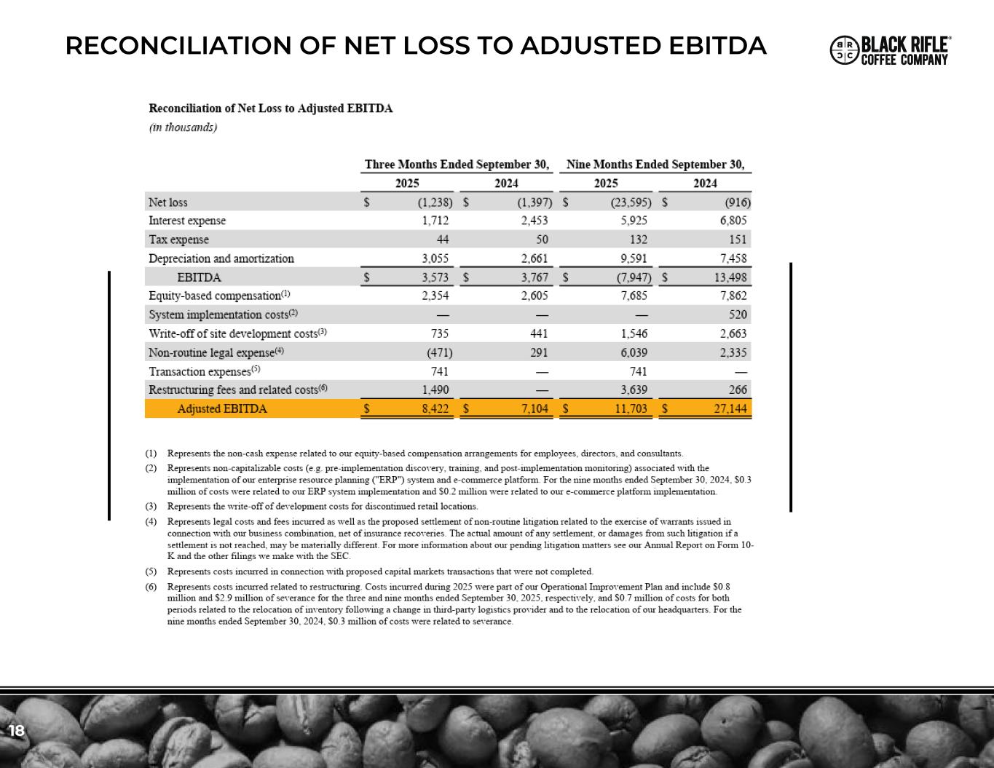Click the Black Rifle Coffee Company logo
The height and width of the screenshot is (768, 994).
click(x=890, y=50)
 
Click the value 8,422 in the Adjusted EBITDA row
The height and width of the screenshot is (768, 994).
click(x=435, y=409)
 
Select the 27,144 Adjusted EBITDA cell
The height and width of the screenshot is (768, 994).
click(x=730, y=409)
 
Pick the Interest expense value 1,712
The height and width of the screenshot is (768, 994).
click(x=435, y=221)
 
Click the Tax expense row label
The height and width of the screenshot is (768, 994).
click(x=178, y=239)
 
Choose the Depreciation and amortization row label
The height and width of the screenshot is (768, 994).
click(x=221, y=258)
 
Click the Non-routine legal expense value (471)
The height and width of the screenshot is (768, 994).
click(x=439, y=353)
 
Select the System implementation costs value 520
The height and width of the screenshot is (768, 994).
click(x=737, y=314)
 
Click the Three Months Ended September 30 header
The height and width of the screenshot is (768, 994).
click(x=457, y=165)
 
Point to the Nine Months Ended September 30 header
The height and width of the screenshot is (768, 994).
click(x=655, y=165)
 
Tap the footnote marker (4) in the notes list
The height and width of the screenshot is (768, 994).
click(x=151, y=522)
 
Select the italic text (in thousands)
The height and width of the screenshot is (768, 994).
click(x=183, y=127)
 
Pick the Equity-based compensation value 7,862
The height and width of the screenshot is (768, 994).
click(x=732, y=296)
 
